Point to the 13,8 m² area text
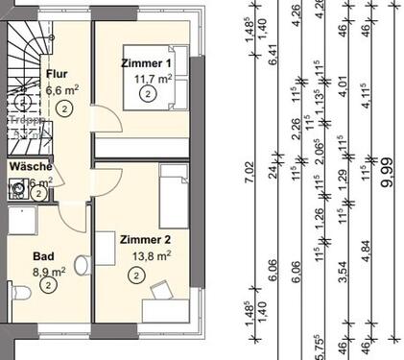pos(152,256)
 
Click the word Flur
pos(57,73)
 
